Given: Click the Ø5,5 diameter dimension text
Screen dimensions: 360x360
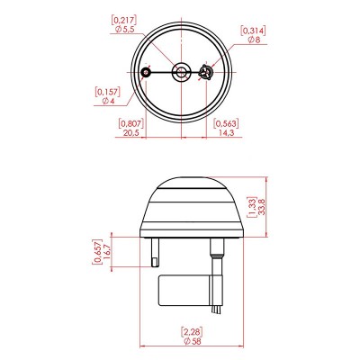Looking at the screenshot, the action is (124, 30).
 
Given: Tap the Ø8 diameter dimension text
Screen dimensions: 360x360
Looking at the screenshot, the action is (254, 40).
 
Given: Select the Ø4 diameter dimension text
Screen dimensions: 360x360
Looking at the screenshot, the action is (109, 101).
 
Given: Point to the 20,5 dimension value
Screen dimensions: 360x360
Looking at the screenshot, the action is (130, 133).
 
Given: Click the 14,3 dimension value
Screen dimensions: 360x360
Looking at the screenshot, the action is (226, 133).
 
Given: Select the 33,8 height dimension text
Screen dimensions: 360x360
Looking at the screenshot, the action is (262, 206).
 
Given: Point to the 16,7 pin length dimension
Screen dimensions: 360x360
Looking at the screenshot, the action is (107, 252).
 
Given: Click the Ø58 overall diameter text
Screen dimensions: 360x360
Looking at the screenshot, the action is (192, 341).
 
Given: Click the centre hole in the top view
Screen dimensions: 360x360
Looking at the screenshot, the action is (181, 72).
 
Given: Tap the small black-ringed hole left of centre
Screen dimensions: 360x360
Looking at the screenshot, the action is (146, 72).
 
